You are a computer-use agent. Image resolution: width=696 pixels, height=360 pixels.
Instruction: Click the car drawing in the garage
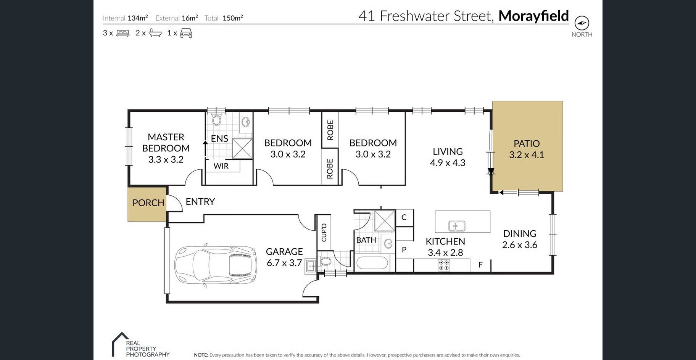pyautogui.click(x=216, y=265)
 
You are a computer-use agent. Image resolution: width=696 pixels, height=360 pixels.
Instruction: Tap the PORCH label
pyautogui.click(x=148, y=203)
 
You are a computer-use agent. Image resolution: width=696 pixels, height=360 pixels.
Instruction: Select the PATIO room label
pyautogui.click(x=527, y=144)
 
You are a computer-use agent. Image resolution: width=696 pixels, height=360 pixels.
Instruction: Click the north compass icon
pyautogui.click(x=582, y=23)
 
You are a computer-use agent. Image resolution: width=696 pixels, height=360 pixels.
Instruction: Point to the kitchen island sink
pyautogui.click(x=456, y=226)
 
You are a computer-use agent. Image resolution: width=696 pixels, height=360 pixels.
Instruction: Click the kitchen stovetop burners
pyautogui.click(x=444, y=265)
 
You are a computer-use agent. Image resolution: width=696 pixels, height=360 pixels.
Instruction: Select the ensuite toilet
pyautogui.click(x=217, y=119)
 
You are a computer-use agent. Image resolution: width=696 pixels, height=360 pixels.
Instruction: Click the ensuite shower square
pyautogui.click(x=242, y=148)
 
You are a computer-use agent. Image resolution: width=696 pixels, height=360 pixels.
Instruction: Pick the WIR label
pyautogui.click(x=221, y=166)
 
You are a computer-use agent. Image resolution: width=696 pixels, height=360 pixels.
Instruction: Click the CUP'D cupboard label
pyautogui.click(x=324, y=233)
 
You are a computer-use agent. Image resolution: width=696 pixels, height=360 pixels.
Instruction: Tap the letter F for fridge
pyautogui.click(x=480, y=265)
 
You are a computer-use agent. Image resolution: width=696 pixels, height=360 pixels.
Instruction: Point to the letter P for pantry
pyautogui.click(x=404, y=250)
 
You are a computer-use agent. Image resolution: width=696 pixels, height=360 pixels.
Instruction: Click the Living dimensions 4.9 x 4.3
pyautogui.click(x=448, y=163)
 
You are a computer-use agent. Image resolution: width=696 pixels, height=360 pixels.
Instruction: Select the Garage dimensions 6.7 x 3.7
pyautogui.click(x=284, y=263)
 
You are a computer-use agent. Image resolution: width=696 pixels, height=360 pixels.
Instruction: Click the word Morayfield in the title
pyautogui.click(x=533, y=16)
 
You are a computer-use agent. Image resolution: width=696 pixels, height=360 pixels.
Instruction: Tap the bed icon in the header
pyautogui.click(x=122, y=33)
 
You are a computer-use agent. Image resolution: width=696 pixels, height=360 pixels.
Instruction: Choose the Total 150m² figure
pyautogui.click(x=233, y=18)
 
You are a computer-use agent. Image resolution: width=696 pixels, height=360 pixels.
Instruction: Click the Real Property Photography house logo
pyautogui.click(x=120, y=344)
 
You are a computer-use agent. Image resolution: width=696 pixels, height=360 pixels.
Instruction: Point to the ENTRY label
pyautogui.click(x=200, y=202)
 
